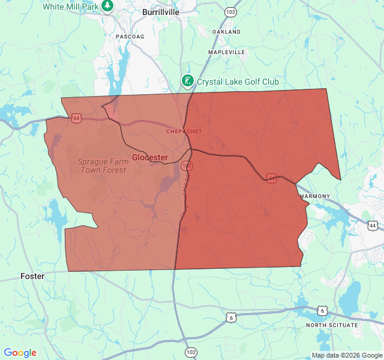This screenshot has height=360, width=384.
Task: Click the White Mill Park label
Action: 70,6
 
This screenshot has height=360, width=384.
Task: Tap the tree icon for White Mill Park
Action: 107,5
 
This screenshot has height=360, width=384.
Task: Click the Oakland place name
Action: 226,32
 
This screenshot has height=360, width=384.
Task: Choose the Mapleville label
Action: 226,53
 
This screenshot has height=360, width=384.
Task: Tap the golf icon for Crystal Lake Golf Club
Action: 188,81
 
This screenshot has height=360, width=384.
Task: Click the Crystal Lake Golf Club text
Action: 238,82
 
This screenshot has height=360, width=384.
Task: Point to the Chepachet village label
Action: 184,131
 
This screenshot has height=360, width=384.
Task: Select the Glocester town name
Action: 150,157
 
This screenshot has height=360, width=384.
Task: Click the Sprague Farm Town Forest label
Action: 104,166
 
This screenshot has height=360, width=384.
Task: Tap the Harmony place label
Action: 314,196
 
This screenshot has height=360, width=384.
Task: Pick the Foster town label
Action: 33,276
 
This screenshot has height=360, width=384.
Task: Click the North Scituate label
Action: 332,325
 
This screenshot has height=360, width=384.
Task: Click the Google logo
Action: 20,353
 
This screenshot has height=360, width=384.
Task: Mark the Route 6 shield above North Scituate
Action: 323,310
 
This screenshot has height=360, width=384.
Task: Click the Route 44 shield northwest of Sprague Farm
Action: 76,118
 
